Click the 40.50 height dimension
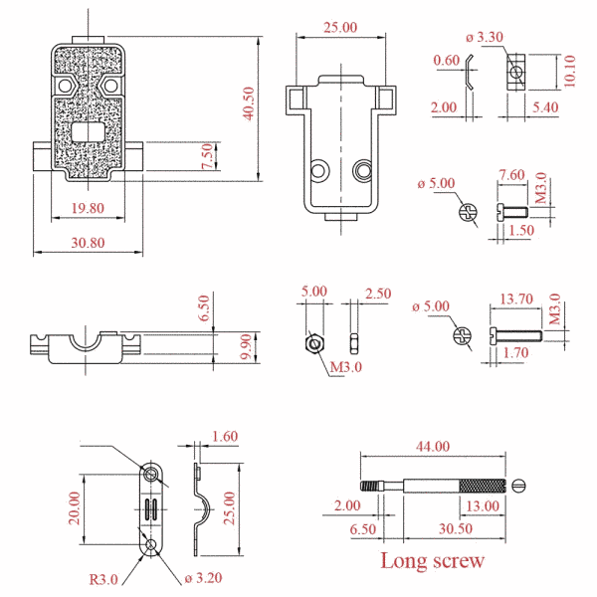[x=248, y=103]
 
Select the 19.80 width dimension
[x=88, y=208]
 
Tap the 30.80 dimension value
[x=88, y=243]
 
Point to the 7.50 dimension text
[x=207, y=156]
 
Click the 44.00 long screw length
[x=433, y=446]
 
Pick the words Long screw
[x=433, y=561]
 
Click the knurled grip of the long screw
[x=483, y=486]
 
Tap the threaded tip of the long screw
[x=372, y=486]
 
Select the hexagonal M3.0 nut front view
[x=314, y=344]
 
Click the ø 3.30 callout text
[x=485, y=38]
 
